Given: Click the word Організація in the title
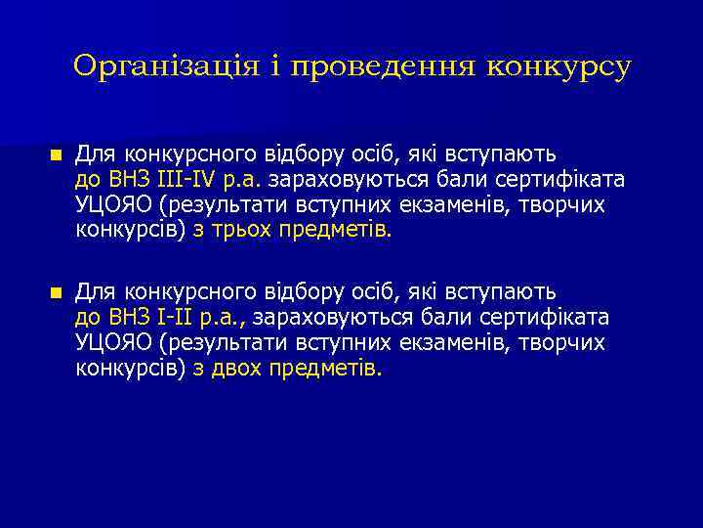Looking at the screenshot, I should [x=165, y=66].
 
